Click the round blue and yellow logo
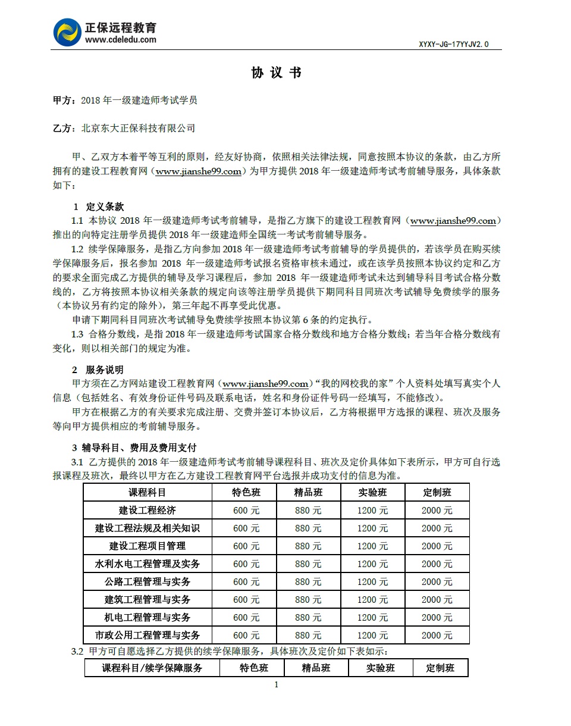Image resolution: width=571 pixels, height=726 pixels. coord(67,32)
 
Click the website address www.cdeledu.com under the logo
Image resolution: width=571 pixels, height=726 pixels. coord(121,40)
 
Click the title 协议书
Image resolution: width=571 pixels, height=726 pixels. coord(277,73)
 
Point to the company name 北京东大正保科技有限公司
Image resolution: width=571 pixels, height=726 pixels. coord(138,128)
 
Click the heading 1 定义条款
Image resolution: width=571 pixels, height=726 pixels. coord(98,206)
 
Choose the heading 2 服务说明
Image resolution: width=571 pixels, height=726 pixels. coord(98,370)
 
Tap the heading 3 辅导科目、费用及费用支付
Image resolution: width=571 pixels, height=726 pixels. coord(134,448)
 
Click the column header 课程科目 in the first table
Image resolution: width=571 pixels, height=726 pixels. coord(148,492)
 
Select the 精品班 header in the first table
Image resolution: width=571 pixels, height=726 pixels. coord(308,492)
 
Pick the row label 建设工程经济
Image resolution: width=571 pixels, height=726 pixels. coord(148,510)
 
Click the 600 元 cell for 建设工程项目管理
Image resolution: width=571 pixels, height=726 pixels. coord(246,546)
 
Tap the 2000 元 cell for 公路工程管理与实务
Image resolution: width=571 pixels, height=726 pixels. coord(437,581)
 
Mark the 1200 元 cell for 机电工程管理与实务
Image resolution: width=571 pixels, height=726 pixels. coord(372,617)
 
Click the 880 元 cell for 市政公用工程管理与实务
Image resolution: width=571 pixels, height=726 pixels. coord(308,635)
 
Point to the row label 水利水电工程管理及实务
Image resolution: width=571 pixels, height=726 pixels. coord(148,564)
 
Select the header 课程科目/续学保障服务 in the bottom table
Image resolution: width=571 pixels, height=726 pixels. coord(152,668)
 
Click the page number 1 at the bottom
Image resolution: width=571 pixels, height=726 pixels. coord(276,684)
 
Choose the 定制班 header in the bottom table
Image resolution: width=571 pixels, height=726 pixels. coord(440,668)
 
